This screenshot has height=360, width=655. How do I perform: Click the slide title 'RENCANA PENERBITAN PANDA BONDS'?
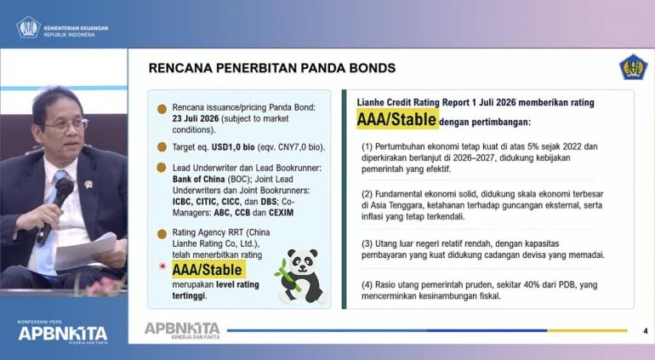[272, 68]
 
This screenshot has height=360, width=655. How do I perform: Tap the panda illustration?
[300, 276]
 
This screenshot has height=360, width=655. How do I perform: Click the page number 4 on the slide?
[646, 331]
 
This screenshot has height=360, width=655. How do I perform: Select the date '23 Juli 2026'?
[196, 119]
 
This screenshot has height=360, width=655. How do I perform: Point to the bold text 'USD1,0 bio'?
[233, 147]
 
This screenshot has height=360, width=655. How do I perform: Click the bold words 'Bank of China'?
[199, 180]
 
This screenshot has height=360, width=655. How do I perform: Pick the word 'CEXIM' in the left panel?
[281, 213]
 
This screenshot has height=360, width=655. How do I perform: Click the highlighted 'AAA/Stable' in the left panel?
[208, 270]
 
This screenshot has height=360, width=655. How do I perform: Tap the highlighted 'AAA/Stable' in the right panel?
[397, 120]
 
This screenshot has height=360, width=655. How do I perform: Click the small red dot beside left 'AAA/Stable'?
[163, 266]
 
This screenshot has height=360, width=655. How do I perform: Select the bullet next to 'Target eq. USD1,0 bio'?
[162, 147]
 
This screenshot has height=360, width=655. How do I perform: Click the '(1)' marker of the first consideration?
[367, 146]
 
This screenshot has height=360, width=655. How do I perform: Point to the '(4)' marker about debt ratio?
[367, 285]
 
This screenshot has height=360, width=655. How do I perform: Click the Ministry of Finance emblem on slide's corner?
[633, 67]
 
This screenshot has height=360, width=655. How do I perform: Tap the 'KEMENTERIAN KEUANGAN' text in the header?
[76, 28]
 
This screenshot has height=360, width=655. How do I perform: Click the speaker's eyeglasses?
[67, 124]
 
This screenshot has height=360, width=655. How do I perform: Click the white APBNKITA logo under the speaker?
[63, 334]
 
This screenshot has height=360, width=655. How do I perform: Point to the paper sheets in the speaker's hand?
[86, 252]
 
